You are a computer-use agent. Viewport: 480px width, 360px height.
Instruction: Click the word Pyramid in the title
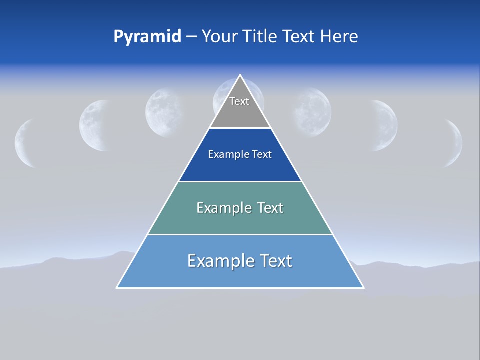pos(147,37)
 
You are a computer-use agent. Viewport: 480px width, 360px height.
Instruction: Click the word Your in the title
pos(219,37)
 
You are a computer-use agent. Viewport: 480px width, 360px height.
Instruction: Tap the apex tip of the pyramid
pos(240,76)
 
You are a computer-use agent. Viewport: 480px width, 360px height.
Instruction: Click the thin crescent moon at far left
pos(23,143)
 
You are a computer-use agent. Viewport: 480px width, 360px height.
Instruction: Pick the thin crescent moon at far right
pos(455,143)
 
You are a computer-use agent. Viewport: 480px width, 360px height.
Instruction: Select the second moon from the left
pos(94,125)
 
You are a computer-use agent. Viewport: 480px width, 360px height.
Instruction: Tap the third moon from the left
pos(164,113)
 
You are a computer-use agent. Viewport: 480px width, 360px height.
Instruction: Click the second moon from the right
pos(385,125)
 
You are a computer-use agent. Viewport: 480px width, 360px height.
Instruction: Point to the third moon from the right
pos(312,113)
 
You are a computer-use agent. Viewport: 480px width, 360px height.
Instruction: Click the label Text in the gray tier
pos(239,101)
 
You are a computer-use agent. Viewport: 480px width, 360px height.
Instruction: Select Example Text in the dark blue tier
pos(240,154)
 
